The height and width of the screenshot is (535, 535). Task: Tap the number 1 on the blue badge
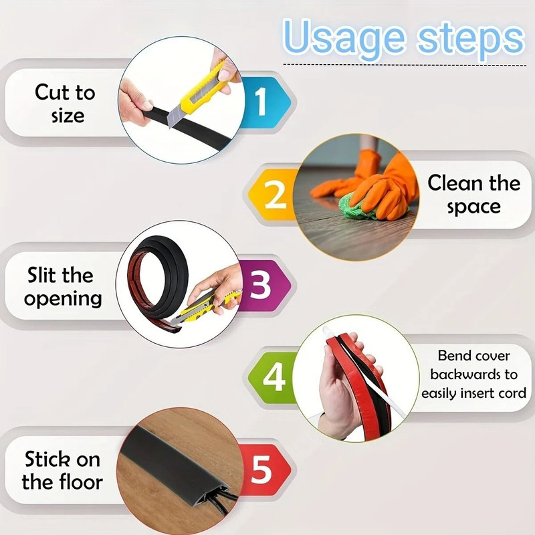tap(260, 102)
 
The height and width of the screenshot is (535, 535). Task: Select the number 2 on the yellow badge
tap(275, 195)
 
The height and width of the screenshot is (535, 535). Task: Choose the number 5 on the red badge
tap(261, 470)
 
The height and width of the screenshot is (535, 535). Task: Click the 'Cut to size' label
tap(65, 103)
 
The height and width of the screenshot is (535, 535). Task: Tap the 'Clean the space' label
tap(473, 195)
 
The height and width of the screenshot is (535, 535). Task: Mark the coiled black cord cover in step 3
tap(160, 267)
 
